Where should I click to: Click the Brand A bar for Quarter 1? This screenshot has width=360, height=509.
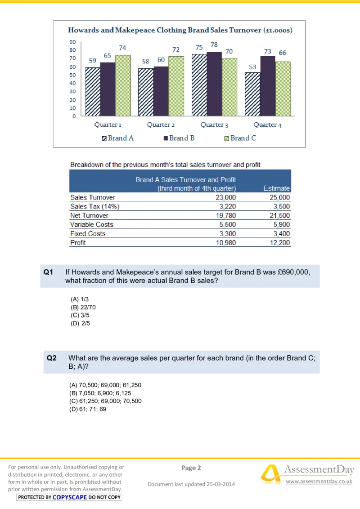coord(93,92)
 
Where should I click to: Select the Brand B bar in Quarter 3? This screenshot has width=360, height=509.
coord(214,85)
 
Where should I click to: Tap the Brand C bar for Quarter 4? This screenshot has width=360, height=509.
coord(283,89)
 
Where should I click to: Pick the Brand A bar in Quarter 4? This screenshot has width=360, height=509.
coord(252,94)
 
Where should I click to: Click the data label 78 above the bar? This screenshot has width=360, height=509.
coord(214,45)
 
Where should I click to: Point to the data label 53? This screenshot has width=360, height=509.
coord(252,67)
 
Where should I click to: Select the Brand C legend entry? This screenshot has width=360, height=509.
coord(240,138)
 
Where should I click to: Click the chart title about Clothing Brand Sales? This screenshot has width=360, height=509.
coord(180,30)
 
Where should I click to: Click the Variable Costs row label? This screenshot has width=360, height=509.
coord(92,224)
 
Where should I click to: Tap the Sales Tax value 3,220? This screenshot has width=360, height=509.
coord(227,206)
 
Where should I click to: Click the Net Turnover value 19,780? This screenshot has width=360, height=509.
coord(226,215)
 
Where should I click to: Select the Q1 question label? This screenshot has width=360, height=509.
coord(49,272)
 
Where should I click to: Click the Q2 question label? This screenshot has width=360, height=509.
coord(52,358)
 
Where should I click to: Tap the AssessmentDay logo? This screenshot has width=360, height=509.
coord(306,474)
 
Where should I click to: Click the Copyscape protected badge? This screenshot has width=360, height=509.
coord(69,497)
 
